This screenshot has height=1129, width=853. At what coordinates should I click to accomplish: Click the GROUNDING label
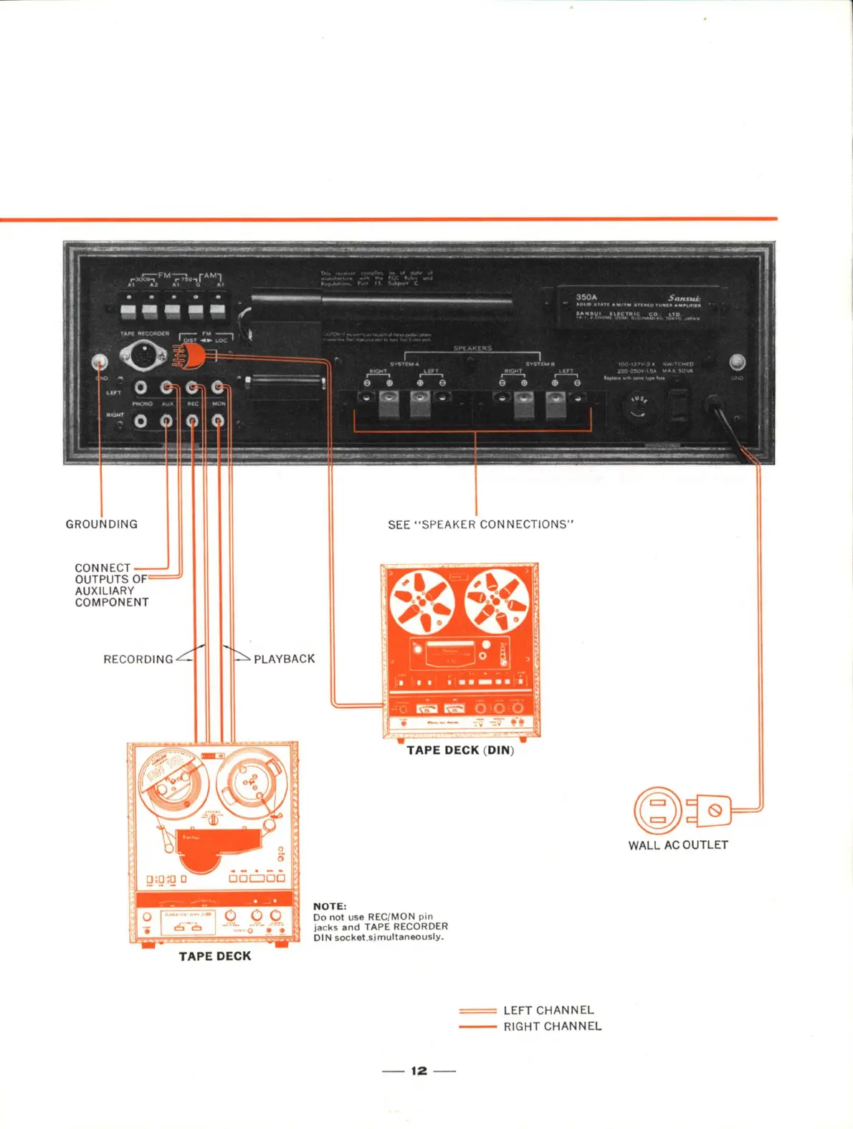(x=101, y=524)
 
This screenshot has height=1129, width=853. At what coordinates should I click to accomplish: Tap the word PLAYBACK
(x=284, y=659)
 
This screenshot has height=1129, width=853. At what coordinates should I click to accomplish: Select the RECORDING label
(x=138, y=659)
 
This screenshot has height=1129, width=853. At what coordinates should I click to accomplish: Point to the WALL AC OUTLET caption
(x=678, y=845)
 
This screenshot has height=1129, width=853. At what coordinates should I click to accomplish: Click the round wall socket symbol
(x=657, y=810)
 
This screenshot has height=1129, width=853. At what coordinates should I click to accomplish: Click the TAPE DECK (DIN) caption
(x=460, y=751)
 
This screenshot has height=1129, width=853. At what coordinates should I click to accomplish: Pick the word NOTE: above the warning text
(x=330, y=906)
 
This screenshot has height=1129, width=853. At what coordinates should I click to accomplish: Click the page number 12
(x=419, y=1071)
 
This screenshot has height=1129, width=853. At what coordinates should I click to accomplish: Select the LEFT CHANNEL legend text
(x=548, y=1010)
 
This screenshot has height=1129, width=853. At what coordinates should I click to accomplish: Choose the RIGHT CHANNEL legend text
(x=552, y=1026)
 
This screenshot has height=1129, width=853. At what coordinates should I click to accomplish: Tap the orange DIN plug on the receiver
(x=191, y=356)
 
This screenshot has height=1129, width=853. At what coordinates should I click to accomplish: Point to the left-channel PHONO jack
(x=141, y=388)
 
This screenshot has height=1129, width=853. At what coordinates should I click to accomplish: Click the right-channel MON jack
(x=218, y=421)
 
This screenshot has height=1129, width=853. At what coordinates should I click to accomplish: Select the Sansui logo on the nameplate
(x=684, y=297)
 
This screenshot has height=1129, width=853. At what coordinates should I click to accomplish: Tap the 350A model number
(x=586, y=297)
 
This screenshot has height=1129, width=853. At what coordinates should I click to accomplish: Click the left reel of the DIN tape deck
(x=421, y=601)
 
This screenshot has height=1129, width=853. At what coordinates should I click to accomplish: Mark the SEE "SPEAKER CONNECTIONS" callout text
(x=481, y=525)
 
